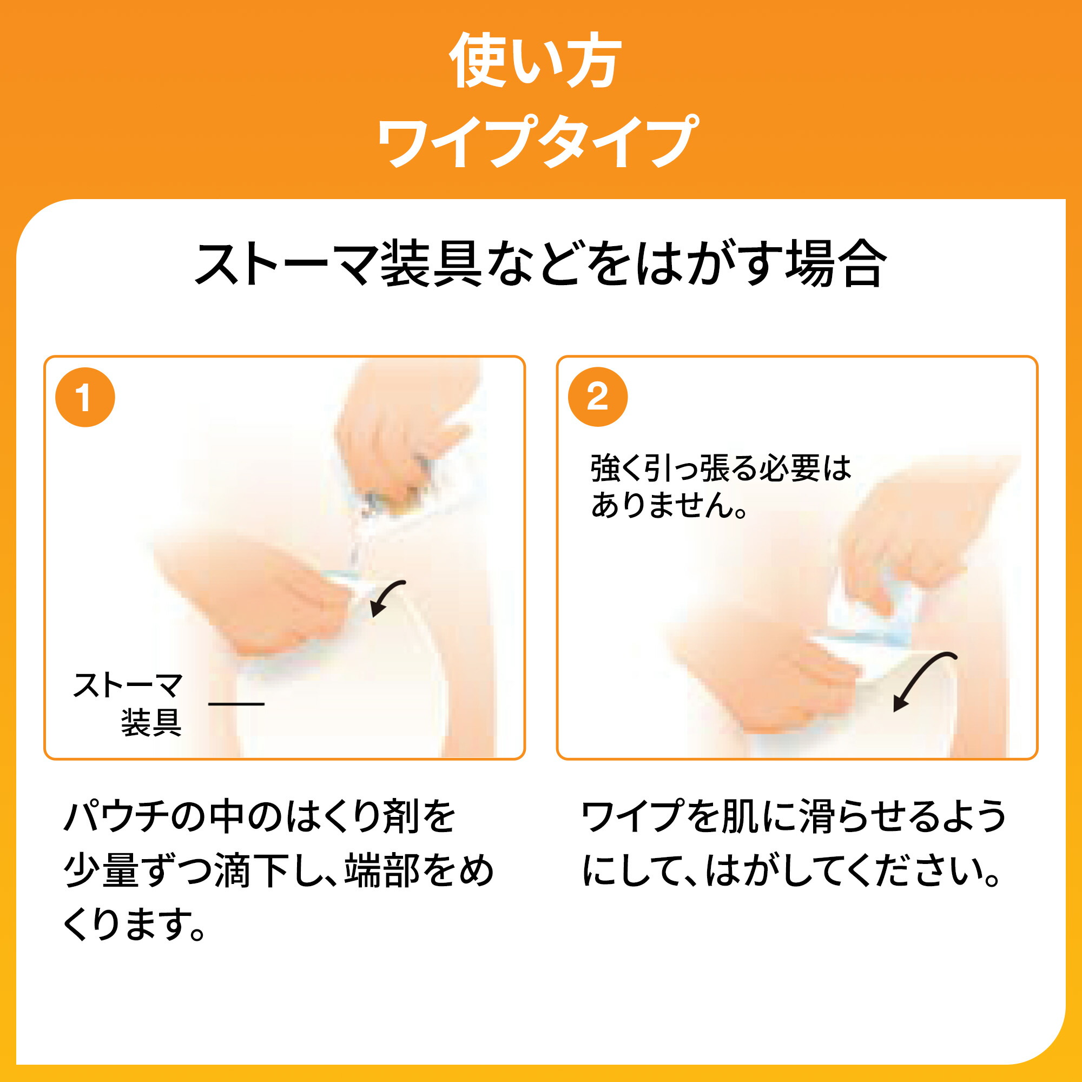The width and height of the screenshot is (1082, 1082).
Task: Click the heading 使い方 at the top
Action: point(536,61)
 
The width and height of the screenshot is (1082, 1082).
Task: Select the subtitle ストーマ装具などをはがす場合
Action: point(540,263)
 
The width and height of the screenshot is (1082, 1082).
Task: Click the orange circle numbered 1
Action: point(85,397)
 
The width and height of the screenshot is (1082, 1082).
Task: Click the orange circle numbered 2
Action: point(598,397)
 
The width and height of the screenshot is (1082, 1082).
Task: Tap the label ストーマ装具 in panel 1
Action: point(128,703)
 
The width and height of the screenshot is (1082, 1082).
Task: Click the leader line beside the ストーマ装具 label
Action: point(236,704)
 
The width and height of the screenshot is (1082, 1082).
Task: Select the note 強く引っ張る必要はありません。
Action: point(720,486)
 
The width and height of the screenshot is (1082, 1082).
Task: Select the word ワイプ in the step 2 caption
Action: point(631,817)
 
